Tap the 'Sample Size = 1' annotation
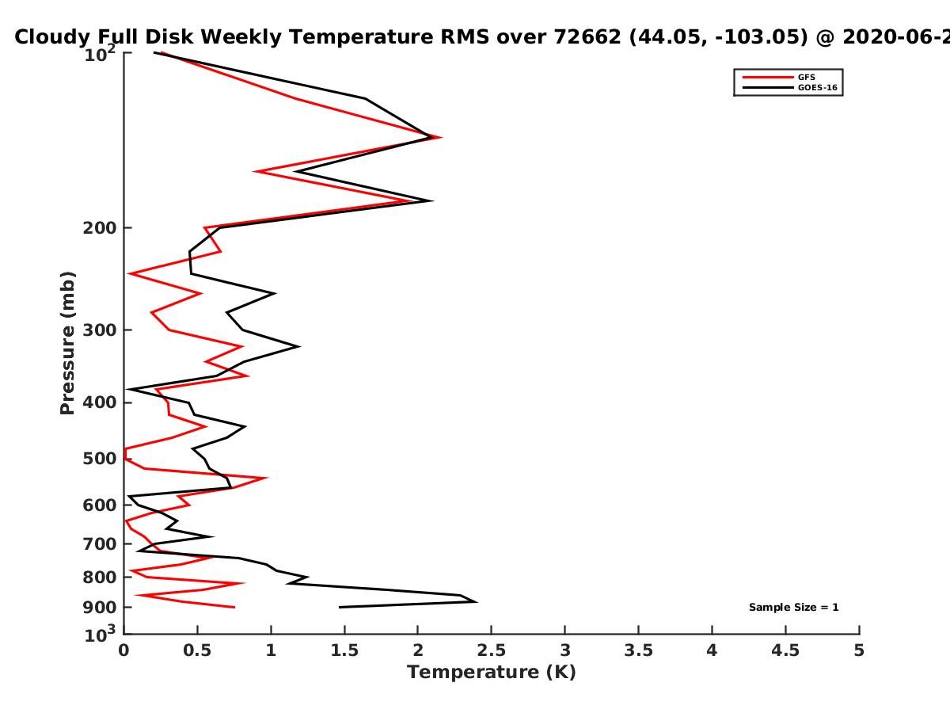point(794,608)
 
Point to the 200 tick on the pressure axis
point(100,227)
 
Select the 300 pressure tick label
point(100,330)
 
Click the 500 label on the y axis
point(100,459)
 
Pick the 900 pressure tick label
point(100,608)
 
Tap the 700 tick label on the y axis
point(100,543)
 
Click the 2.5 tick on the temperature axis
point(492,650)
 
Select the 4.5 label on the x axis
point(785,650)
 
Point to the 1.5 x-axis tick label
point(344,650)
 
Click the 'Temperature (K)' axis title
point(492,673)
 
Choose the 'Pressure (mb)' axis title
point(67,343)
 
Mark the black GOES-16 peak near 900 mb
point(477,602)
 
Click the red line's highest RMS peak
point(441,138)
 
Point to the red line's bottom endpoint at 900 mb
point(235,608)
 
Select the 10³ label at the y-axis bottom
point(100,635)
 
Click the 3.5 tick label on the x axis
point(638,650)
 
